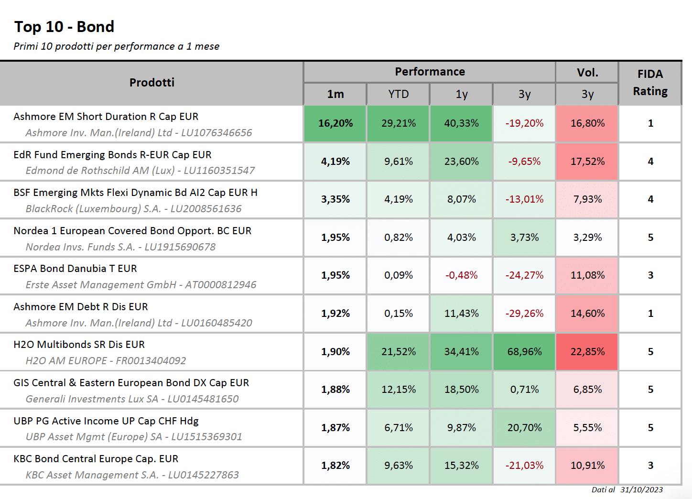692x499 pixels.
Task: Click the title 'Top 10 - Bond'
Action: click(64, 27)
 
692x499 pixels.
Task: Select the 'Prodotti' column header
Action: click(151, 83)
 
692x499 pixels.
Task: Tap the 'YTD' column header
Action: click(398, 94)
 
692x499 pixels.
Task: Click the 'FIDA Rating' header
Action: click(650, 83)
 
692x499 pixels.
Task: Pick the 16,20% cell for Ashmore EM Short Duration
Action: click(335, 123)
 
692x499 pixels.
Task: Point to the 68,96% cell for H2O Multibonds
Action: click(524, 352)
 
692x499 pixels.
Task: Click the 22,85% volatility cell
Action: click(587, 352)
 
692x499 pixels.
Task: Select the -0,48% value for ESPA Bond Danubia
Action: click(461, 275)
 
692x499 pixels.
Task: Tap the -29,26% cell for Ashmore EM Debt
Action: click(524, 313)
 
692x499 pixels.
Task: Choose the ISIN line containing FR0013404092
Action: click(106, 360)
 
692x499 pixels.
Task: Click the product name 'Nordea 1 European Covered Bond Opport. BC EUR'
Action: click(132, 231)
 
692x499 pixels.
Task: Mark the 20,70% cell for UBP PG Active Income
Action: click(524, 428)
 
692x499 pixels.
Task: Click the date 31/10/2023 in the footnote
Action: click(641, 490)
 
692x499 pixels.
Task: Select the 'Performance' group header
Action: click(430, 72)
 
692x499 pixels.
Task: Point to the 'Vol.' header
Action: click(587, 73)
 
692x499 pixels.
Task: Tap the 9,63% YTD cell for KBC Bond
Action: click(398, 466)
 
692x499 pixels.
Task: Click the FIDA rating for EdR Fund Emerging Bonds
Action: click(650, 161)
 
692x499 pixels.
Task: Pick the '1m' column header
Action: click(335, 94)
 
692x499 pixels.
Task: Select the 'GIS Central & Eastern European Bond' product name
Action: click(131, 383)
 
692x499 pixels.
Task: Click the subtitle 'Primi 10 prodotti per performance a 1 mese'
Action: click(117, 46)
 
